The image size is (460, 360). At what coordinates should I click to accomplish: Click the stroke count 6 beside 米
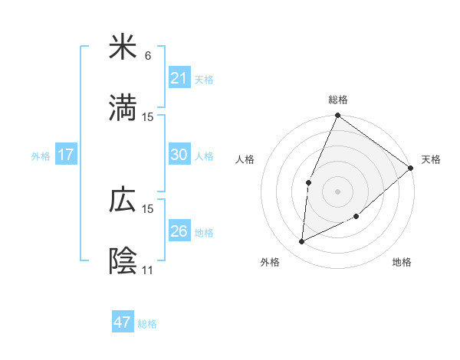148,55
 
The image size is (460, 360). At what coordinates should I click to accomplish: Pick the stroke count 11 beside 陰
148,270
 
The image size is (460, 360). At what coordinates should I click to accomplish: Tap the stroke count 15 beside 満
148,117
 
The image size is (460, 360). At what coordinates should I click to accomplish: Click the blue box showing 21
179,77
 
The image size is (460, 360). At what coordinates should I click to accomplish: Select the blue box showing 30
179,155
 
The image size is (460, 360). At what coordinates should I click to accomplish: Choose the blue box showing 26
179,231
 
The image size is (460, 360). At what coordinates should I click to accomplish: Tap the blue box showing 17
65,155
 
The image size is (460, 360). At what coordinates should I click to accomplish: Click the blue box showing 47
122,322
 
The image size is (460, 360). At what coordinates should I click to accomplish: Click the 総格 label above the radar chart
338,100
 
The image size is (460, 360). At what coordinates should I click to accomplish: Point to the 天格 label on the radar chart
431,159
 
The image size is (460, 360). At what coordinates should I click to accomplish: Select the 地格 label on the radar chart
402,262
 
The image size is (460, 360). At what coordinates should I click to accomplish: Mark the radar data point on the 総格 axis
338,116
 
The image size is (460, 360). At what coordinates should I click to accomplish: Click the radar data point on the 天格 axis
411,168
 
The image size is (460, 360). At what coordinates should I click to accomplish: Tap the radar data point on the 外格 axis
302,242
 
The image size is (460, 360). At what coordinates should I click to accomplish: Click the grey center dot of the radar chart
338,191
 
